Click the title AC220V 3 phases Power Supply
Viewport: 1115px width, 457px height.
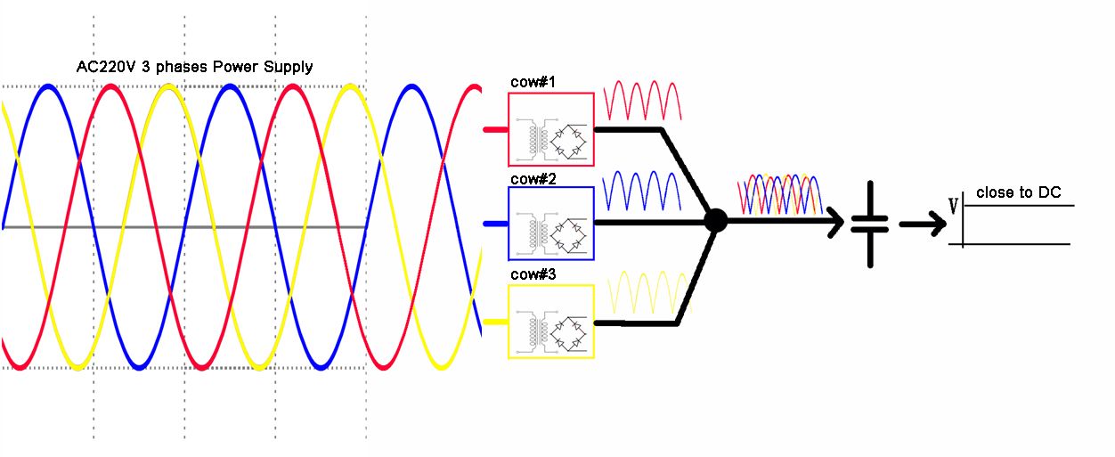pyautogui.click(x=194, y=67)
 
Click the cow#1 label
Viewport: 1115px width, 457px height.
pyautogui.click(x=533, y=83)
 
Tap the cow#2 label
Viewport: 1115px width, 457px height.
pyautogui.click(x=533, y=179)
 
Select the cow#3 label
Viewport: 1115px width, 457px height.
pyautogui.click(x=533, y=274)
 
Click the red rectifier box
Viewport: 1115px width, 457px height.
pyautogui.click(x=551, y=129)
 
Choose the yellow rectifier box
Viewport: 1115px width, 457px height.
pyautogui.click(x=551, y=322)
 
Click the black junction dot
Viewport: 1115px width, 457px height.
pyautogui.click(x=715, y=221)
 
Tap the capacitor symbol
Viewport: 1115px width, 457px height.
pyautogui.click(x=870, y=223)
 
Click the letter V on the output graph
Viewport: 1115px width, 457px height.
pyautogui.click(x=953, y=207)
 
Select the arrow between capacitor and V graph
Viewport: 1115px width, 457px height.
pyautogui.click(x=923, y=224)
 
